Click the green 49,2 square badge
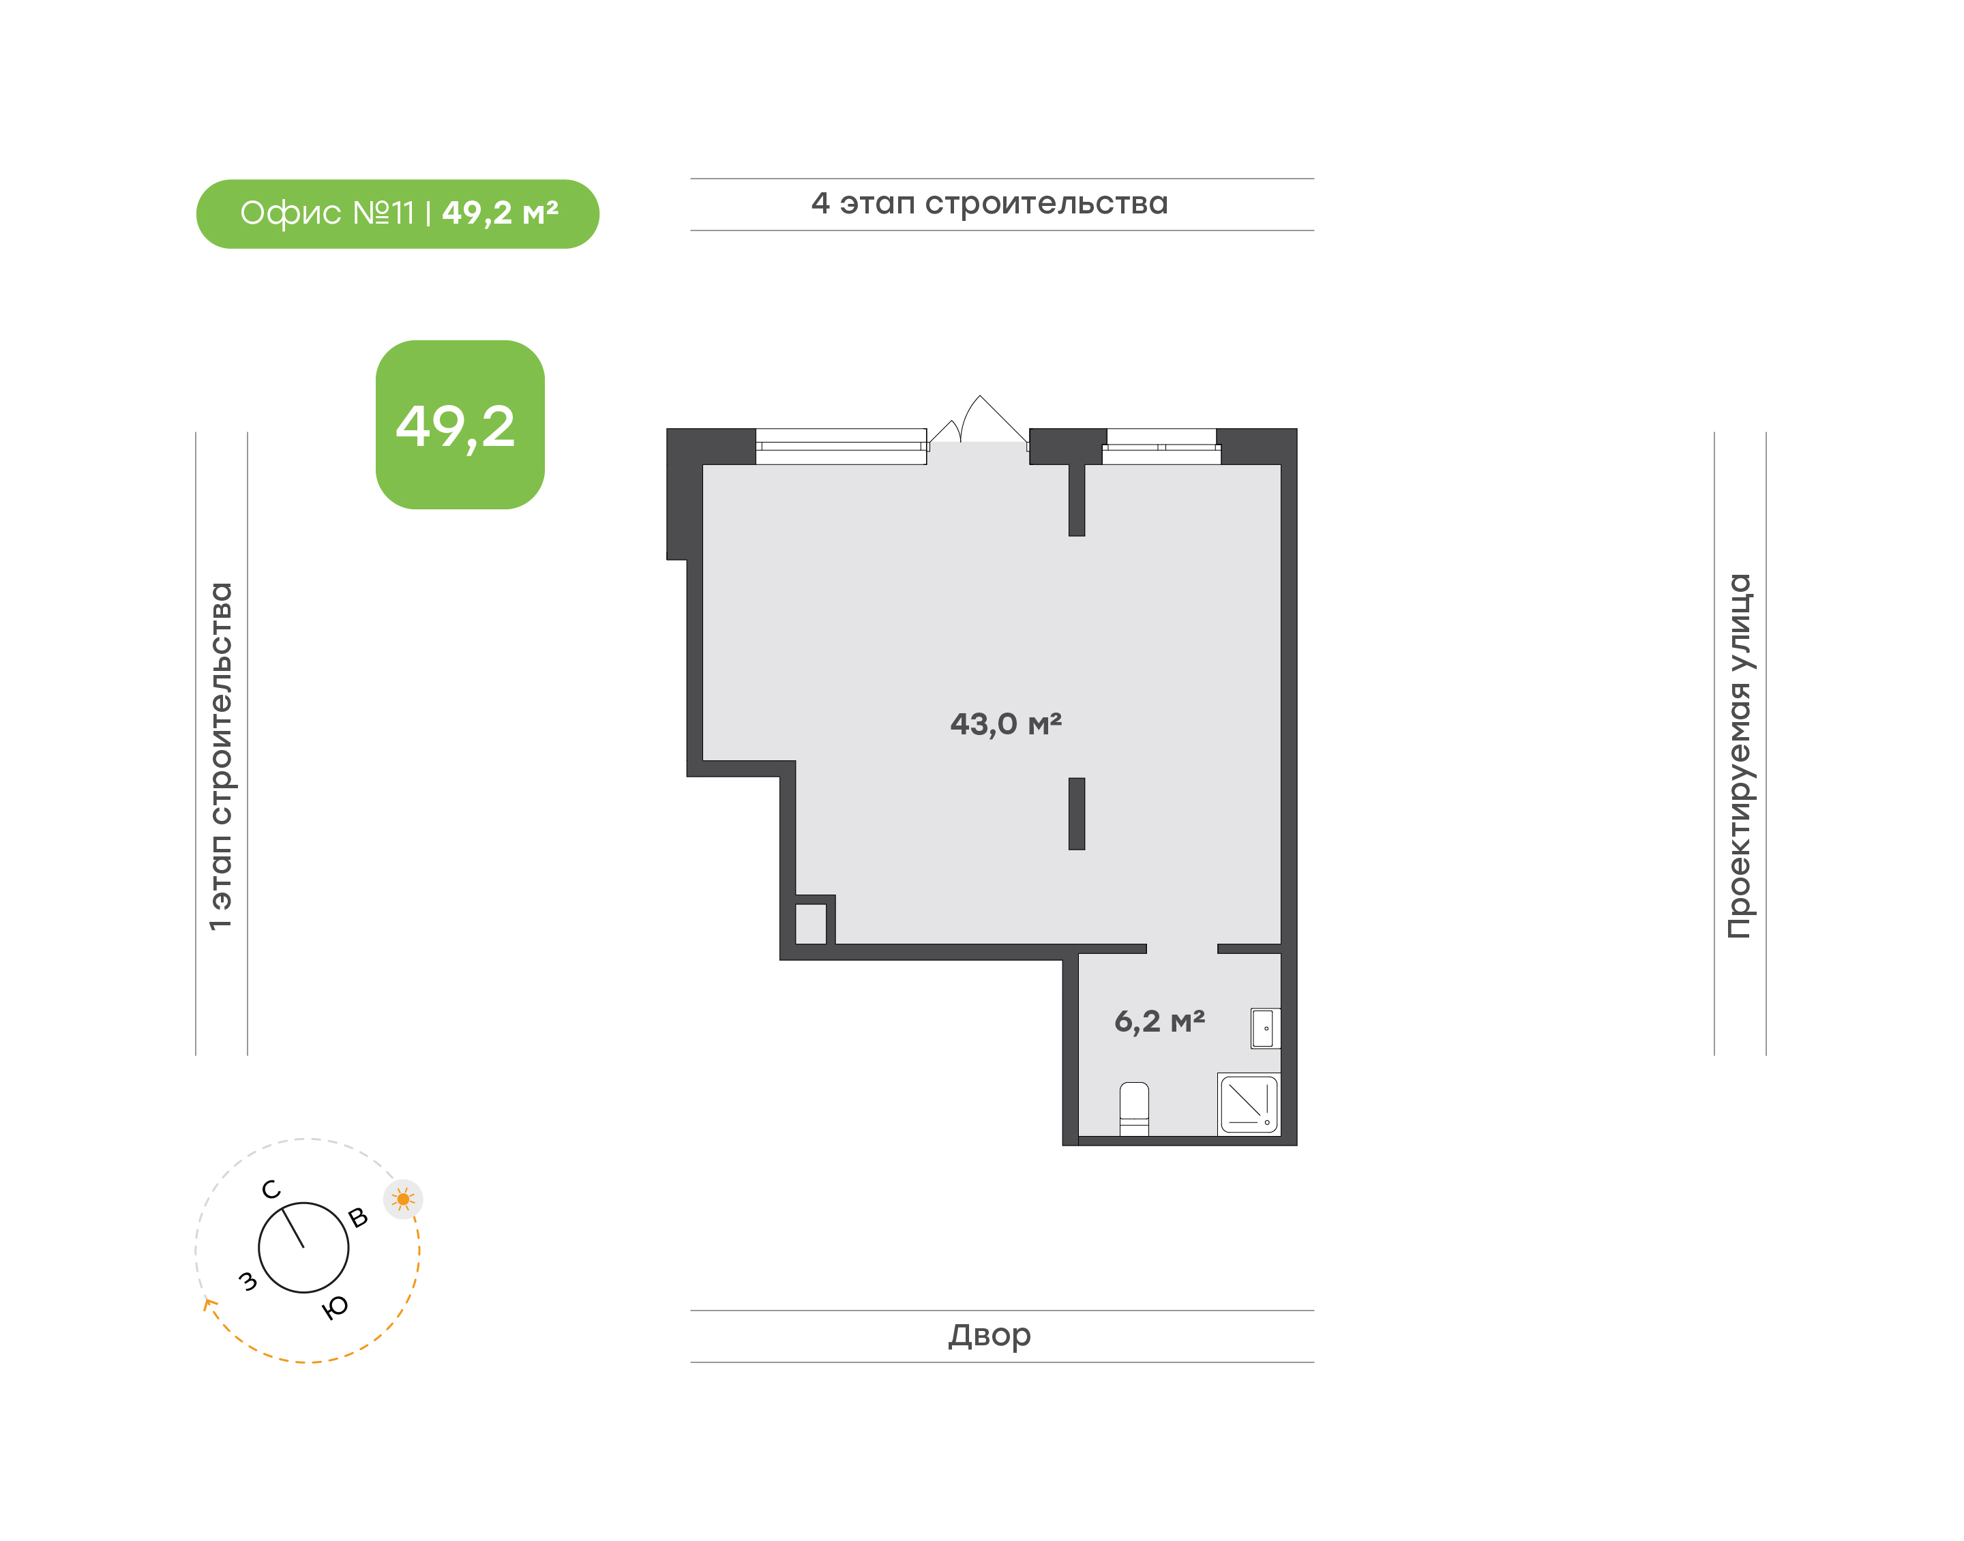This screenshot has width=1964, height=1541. pos(460,425)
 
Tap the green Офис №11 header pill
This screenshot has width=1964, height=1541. pos(398,214)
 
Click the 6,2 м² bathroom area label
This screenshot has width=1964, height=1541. pos(1159,1022)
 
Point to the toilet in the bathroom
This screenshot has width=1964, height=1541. pos(1134,1109)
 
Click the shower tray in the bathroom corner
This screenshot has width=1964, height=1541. pos(1249,1103)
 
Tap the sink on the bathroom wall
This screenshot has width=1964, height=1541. pos(1265,1028)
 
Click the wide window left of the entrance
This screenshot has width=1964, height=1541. pos(841,447)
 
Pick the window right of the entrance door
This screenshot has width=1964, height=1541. pos(1161,447)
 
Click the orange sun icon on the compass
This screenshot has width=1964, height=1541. pos(403,1200)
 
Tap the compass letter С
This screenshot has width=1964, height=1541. pos(271,1190)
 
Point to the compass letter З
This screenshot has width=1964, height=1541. pos(247,1281)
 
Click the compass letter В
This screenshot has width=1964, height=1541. pos(358,1218)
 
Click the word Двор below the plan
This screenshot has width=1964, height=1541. pos(989,1335)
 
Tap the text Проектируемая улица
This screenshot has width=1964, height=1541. pos(1740,756)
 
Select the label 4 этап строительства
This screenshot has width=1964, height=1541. pos(990,204)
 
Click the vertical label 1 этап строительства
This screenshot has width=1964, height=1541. pos(221,756)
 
